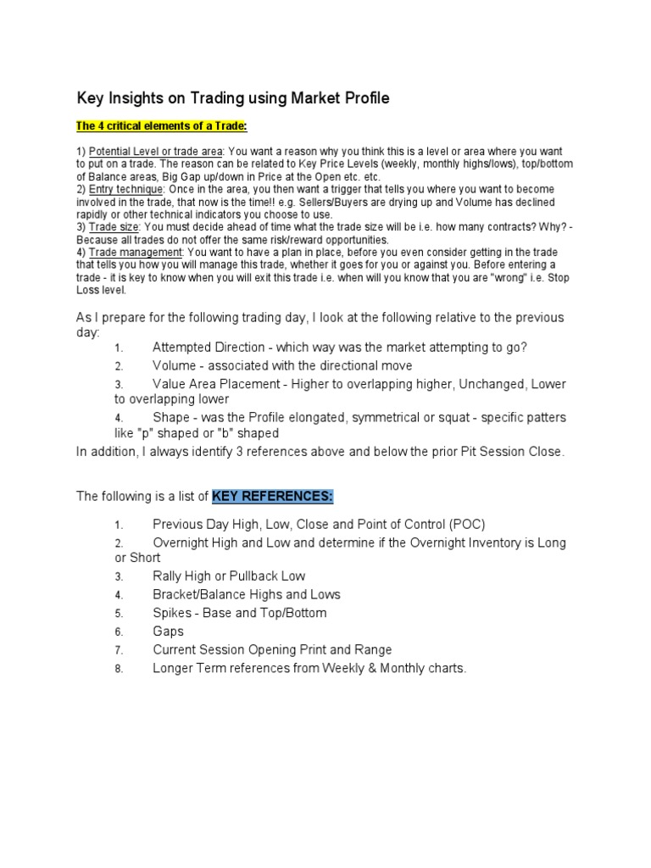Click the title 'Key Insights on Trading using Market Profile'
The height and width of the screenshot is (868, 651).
pos(233,98)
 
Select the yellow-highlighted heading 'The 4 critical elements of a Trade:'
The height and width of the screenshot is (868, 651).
pos(161,126)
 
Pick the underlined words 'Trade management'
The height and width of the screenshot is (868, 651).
pos(135,252)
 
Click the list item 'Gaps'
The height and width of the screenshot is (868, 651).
pos(168,632)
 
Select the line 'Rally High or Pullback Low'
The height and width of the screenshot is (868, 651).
pos(229,576)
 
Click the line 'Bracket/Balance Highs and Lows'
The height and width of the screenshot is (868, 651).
pos(246,595)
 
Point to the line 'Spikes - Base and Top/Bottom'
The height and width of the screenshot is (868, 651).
pos(239,613)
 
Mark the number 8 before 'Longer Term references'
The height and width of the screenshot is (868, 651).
pos(120,670)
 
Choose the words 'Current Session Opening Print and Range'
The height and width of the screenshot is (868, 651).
pos(272,650)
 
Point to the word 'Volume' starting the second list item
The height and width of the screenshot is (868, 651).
pos(174,366)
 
